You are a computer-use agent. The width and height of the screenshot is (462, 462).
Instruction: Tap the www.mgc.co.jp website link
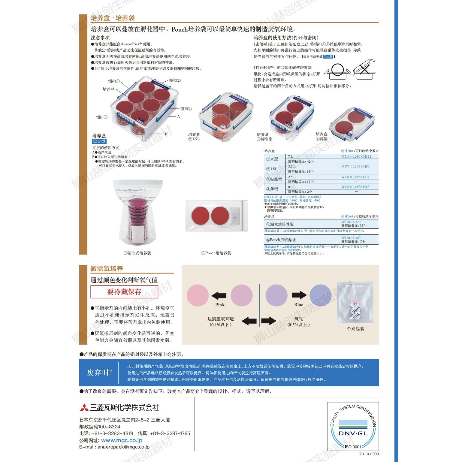(x=122, y=440)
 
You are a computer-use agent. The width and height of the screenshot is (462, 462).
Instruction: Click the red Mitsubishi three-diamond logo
(x=84, y=407)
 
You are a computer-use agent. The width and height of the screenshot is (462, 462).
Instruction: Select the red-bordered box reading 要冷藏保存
(x=124, y=291)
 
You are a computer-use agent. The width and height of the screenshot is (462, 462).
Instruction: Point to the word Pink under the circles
(x=220, y=304)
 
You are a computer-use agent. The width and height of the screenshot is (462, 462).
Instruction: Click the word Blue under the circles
(x=298, y=304)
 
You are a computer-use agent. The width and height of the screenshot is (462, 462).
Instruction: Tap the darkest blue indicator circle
(x=320, y=295)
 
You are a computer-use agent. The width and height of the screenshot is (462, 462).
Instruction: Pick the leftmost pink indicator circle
(x=198, y=295)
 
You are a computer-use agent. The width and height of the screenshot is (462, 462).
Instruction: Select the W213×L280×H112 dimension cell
(x=356, y=156)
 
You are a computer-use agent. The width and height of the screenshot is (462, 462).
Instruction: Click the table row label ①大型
(x=272, y=159)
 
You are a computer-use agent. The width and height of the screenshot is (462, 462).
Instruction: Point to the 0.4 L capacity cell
(x=292, y=187)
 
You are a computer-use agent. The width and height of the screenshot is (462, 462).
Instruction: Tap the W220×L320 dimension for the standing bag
(x=351, y=222)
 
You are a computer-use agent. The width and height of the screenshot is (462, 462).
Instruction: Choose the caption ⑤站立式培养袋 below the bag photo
(x=137, y=253)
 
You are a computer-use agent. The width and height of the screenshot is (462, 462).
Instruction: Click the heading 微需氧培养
(x=107, y=268)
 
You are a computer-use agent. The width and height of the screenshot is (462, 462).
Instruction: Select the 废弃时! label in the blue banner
(x=100, y=373)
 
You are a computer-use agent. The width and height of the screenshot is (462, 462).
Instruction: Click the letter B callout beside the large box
(x=166, y=134)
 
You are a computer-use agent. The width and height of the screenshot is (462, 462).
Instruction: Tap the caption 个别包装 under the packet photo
(x=355, y=328)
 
